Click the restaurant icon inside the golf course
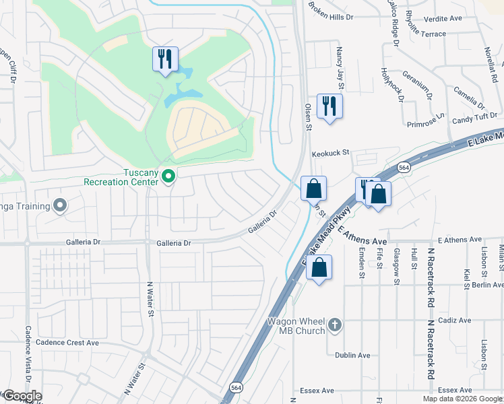[164, 59]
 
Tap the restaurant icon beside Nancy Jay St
[329, 106]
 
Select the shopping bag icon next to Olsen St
[313, 189]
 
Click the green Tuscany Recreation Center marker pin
[169, 177]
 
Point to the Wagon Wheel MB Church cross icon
[335, 327]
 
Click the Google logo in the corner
[22, 397]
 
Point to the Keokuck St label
[330, 153]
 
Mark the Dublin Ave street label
[353, 356]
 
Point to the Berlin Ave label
[487, 285]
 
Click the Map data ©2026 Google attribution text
[462, 399]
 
